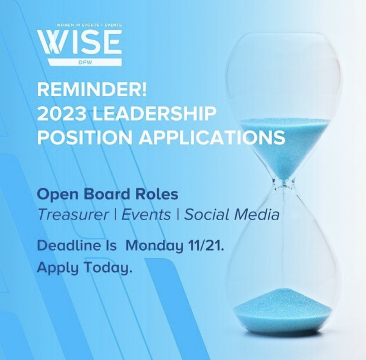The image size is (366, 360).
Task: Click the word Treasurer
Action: (x=73, y=215)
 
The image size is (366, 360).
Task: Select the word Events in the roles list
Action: (x=146, y=215)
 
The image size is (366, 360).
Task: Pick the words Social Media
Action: (x=232, y=215)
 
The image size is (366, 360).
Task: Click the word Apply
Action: (x=55, y=268)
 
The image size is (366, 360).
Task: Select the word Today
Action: (x=104, y=268)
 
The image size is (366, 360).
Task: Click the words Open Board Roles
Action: (x=108, y=194)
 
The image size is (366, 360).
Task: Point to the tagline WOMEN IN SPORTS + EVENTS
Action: (x=80, y=25)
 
